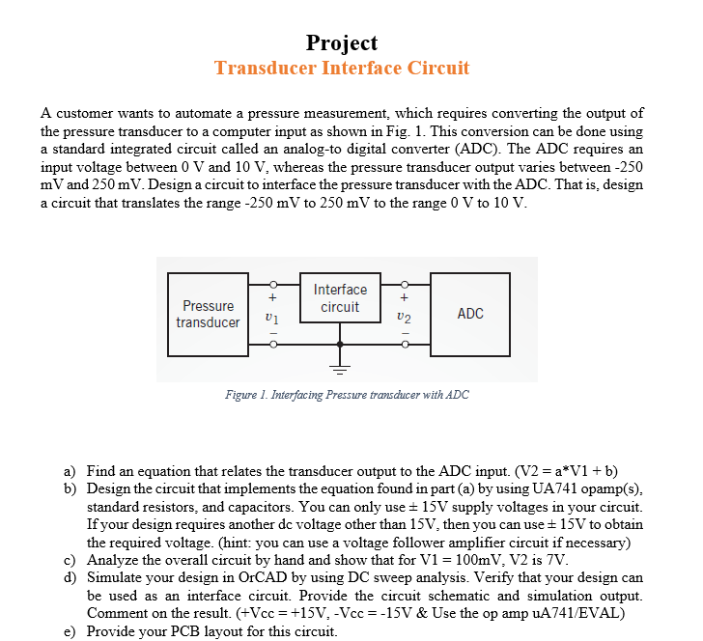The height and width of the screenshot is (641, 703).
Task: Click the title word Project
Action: tap(342, 42)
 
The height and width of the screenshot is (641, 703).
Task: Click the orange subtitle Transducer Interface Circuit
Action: tap(342, 69)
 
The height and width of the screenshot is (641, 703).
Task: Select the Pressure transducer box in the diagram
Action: tap(208, 314)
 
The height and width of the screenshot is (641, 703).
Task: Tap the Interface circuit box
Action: tap(340, 298)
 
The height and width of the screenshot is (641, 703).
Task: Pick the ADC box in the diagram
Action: tap(470, 314)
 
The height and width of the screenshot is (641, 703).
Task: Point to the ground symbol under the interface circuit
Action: tap(340, 368)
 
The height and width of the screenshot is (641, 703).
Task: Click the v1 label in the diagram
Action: tap(271, 317)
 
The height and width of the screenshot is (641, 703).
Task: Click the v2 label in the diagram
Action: tap(405, 317)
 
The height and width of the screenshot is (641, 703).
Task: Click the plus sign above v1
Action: tap(272, 298)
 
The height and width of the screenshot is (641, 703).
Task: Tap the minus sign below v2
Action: tap(406, 335)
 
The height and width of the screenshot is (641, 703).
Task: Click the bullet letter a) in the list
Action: tap(70, 471)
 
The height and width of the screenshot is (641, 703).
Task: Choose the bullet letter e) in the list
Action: tap(70, 631)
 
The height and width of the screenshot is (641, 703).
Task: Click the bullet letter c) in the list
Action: tap(70, 560)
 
